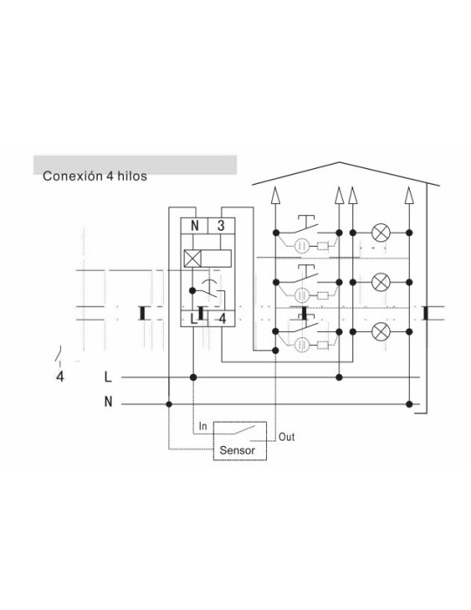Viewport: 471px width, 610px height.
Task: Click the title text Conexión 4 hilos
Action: [94, 176]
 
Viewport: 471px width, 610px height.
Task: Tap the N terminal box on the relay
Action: [195, 225]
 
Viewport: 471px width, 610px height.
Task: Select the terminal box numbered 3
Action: [221, 225]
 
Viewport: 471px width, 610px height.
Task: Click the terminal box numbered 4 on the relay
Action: [222, 319]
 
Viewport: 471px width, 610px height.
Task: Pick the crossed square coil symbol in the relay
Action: [193, 259]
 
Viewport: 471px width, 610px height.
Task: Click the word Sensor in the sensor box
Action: [237, 451]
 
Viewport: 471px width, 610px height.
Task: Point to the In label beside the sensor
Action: [203, 426]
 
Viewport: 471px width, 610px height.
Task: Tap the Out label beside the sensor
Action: [286, 437]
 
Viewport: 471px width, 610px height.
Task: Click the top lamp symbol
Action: [380, 233]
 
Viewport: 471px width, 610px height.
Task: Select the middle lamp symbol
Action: [380, 282]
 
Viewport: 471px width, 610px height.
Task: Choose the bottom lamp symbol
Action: [380, 332]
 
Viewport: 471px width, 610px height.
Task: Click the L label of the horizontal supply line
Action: [108, 377]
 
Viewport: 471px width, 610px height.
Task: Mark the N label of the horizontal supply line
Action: [108, 402]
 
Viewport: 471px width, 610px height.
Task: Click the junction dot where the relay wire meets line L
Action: [194, 377]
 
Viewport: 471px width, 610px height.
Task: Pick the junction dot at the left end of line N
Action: [169, 404]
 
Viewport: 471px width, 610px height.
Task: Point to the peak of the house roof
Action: [339, 162]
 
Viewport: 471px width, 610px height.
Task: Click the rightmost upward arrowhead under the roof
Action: [409, 195]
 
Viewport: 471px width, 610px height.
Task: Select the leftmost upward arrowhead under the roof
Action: [276, 195]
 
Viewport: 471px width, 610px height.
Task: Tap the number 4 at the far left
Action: [60, 376]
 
